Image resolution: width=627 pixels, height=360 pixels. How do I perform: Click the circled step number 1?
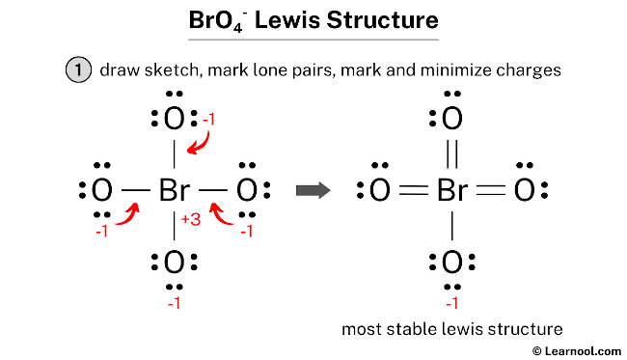coord(76,70)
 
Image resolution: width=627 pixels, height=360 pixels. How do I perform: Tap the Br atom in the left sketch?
coord(175,190)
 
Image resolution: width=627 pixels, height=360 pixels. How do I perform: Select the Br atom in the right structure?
coord(452,190)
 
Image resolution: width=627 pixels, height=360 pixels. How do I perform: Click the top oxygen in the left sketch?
coord(175,121)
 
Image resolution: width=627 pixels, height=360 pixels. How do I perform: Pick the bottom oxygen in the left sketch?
coord(175,262)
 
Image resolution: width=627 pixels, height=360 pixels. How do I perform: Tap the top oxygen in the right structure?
coord(452,121)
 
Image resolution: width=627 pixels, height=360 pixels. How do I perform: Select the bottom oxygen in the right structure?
coord(452,262)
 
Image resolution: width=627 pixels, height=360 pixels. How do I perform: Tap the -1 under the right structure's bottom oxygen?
coord(452,304)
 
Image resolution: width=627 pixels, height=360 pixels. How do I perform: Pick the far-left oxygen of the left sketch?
coord(102,190)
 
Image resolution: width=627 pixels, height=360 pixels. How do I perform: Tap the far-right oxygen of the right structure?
coord(524,190)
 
